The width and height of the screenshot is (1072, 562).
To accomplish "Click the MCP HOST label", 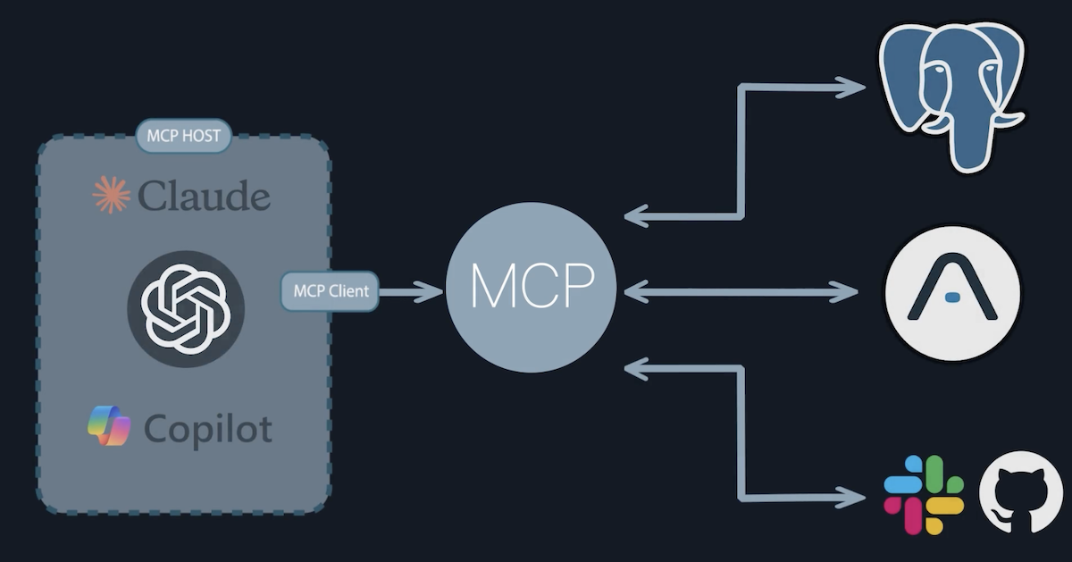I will point(184,138).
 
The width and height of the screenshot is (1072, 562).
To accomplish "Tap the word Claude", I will point(204,195).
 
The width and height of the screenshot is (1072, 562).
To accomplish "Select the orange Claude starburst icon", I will point(111,195).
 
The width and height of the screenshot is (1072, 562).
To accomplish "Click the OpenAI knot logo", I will point(186,309).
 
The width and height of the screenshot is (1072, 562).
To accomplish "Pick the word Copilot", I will point(207,430).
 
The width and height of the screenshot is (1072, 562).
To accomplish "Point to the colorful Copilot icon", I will point(109,426).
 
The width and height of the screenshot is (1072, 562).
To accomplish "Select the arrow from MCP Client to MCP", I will point(412,291).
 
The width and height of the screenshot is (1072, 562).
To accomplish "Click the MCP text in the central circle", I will point(532,288).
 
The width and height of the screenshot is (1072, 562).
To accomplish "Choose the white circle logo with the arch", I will point(952,292).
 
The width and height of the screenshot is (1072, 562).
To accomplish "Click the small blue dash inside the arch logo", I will point(952,296).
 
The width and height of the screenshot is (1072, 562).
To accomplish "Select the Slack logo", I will point(924,495).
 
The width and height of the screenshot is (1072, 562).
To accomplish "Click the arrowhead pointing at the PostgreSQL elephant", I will point(853,87).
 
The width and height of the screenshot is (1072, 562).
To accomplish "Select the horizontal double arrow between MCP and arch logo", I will point(741,291).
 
